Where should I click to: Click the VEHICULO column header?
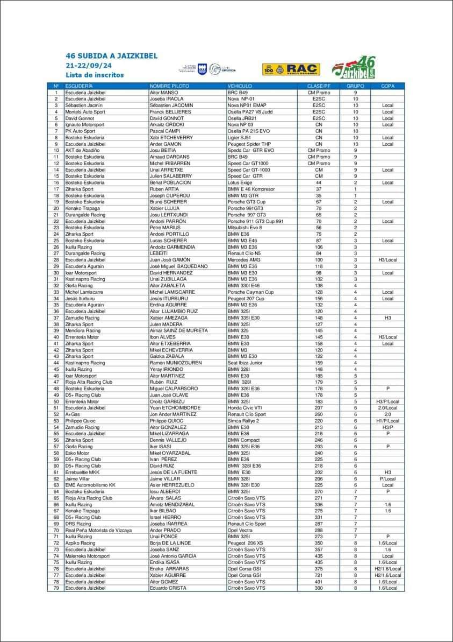click(240, 86)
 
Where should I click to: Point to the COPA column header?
click(387, 86)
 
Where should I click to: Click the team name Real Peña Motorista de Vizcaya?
click(98, 530)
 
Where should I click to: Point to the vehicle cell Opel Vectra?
click(240, 530)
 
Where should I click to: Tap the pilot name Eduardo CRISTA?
click(168, 588)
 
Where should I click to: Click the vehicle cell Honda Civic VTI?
click(245, 408)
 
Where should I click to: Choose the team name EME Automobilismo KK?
click(90, 485)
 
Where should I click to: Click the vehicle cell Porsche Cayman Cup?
click(250, 292)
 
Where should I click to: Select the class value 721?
click(319, 575)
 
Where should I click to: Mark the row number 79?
click(56, 588)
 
